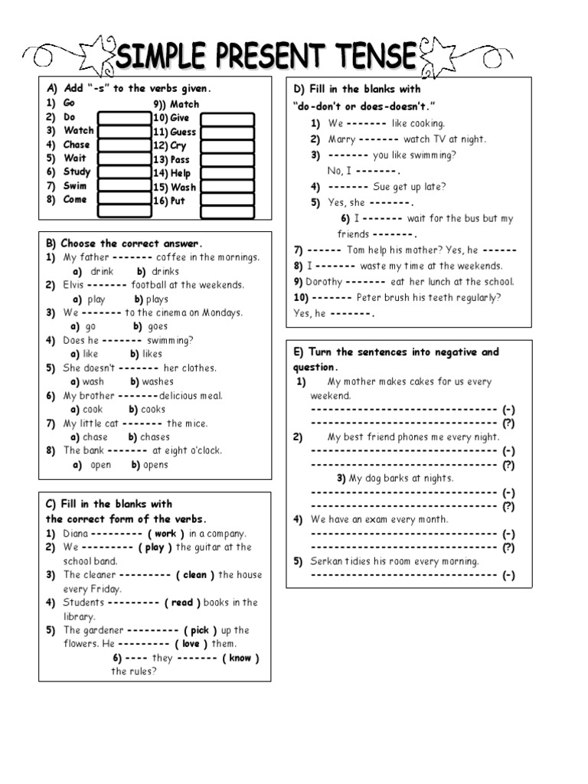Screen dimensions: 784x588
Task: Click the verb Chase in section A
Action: coord(77,145)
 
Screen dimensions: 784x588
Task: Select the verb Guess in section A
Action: coord(183,132)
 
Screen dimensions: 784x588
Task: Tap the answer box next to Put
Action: coord(227,201)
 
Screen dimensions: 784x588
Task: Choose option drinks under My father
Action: coord(165,272)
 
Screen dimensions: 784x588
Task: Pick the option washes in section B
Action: coord(157,382)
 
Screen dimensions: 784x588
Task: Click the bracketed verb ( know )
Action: coord(240,658)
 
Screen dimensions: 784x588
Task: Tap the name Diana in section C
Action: coord(77,534)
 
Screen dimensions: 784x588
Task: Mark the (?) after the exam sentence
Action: coord(508,547)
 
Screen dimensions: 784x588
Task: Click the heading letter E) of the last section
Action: coord(299,352)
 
